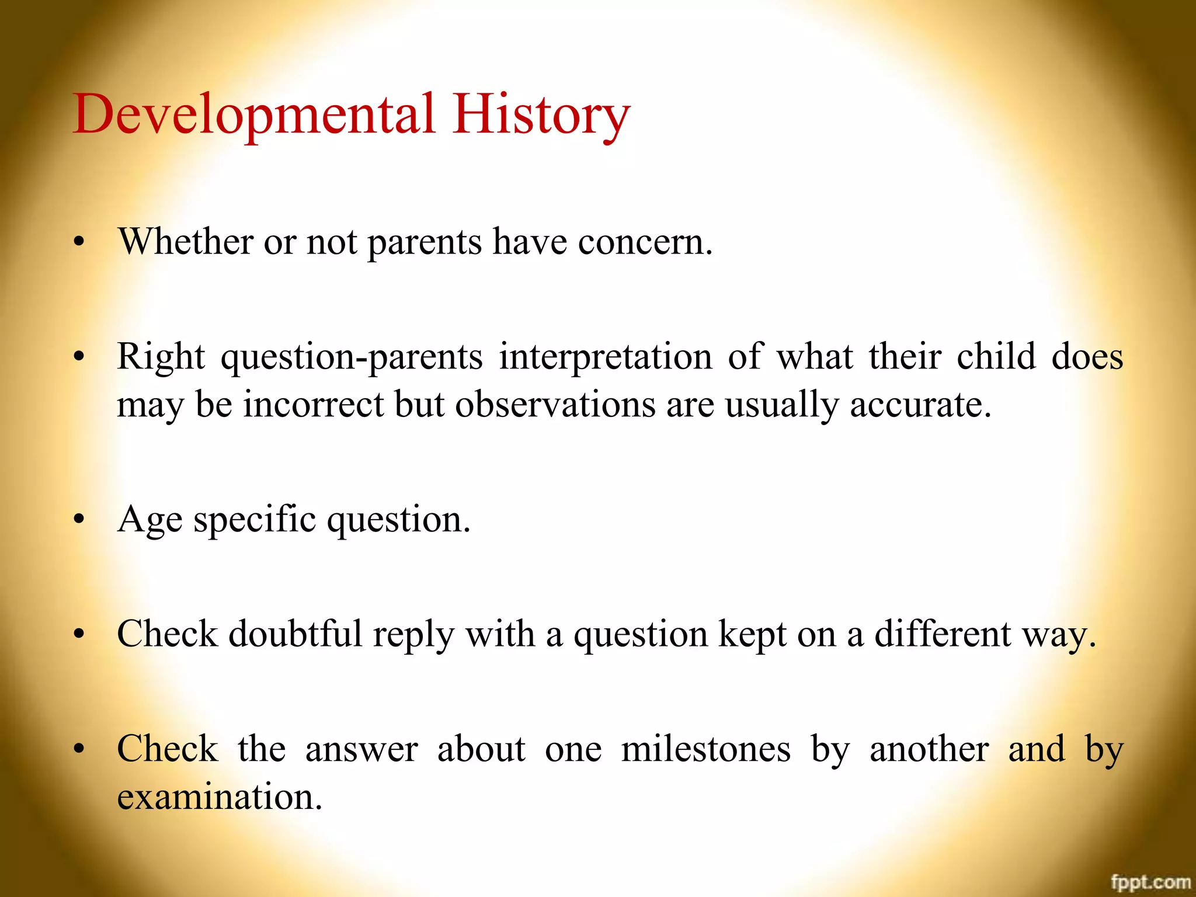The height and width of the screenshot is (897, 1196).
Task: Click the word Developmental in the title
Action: point(254,115)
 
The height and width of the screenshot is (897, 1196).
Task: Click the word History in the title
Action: point(541,115)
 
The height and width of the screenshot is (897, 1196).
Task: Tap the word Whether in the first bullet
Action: point(186,241)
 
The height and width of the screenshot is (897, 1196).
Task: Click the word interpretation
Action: point(606,357)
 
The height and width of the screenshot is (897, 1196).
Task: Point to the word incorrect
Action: point(313,404)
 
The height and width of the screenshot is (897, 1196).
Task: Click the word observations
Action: point(555,404)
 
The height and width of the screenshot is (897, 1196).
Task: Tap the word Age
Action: point(149,520)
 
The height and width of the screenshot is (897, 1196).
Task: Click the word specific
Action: point(255,520)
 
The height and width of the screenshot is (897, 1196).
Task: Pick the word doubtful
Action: point(295,634)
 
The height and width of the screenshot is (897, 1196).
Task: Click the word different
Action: point(943,634)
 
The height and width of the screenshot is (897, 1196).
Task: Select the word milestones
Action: point(706,749)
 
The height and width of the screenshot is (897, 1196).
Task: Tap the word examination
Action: point(219,797)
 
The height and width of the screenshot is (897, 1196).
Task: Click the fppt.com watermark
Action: point(1150,882)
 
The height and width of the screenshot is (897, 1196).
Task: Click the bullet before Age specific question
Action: point(79,519)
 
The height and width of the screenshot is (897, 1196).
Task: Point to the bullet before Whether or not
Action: point(79,241)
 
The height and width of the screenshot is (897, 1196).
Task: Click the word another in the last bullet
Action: point(929,749)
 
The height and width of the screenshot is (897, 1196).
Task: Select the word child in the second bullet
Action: point(996,357)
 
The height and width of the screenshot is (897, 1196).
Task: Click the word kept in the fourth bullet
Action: point(752,635)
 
